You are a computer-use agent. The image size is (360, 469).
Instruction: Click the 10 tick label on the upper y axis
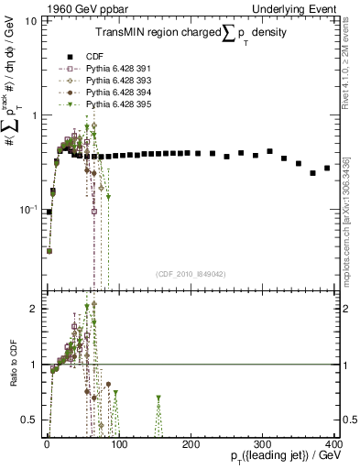coord(30,21)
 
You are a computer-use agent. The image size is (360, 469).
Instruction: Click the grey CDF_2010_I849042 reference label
coord(191,274)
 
